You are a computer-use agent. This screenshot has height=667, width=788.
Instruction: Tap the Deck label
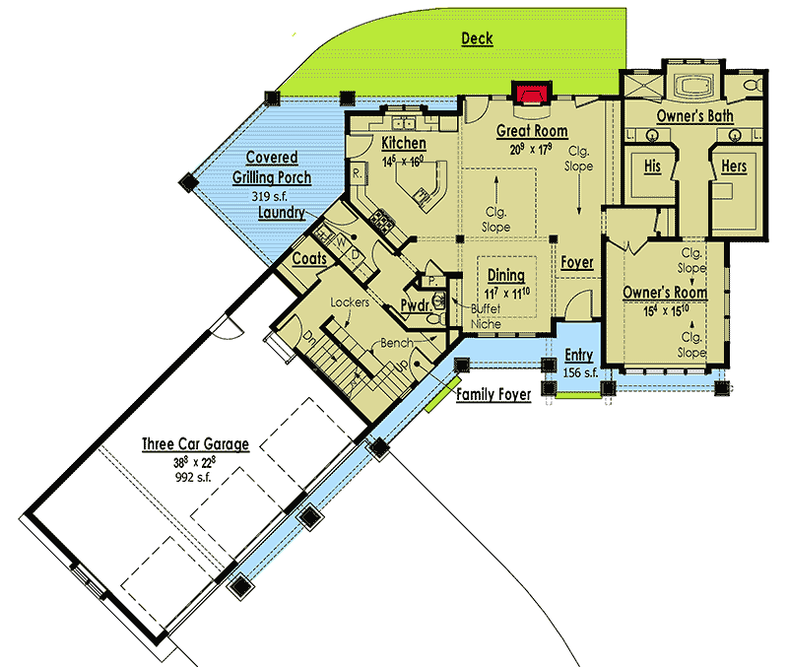click(x=477, y=38)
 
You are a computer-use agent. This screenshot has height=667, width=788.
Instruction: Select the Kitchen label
click(x=404, y=144)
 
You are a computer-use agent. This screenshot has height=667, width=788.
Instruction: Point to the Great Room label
click(x=531, y=130)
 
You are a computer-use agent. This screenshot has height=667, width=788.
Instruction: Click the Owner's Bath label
click(x=694, y=116)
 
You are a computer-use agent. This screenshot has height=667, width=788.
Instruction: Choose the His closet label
click(x=652, y=167)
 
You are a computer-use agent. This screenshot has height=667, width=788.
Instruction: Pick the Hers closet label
click(x=734, y=167)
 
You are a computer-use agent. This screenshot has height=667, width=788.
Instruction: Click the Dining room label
click(x=505, y=276)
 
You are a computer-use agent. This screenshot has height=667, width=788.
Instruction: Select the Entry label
click(x=578, y=356)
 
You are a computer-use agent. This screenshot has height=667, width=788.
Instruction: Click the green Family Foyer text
click(x=492, y=394)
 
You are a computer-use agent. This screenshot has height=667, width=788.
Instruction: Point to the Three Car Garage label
click(x=194, y=444)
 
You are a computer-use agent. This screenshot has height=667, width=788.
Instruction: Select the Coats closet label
click(x=309, y=258)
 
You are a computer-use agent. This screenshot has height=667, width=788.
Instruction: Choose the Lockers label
click(x=350, y=302)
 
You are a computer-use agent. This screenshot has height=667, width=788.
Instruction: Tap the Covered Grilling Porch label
click(x=272, y=167)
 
